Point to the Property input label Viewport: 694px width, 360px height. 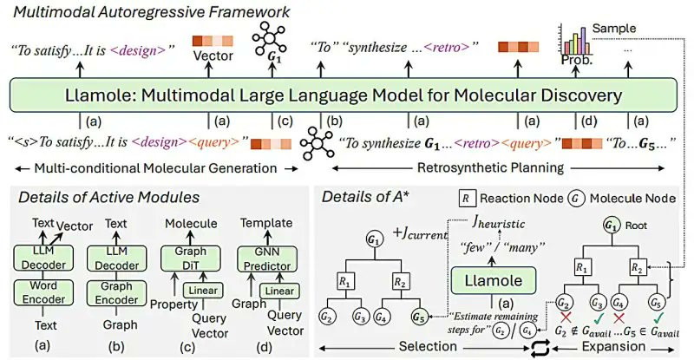click(x=173, y=305)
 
